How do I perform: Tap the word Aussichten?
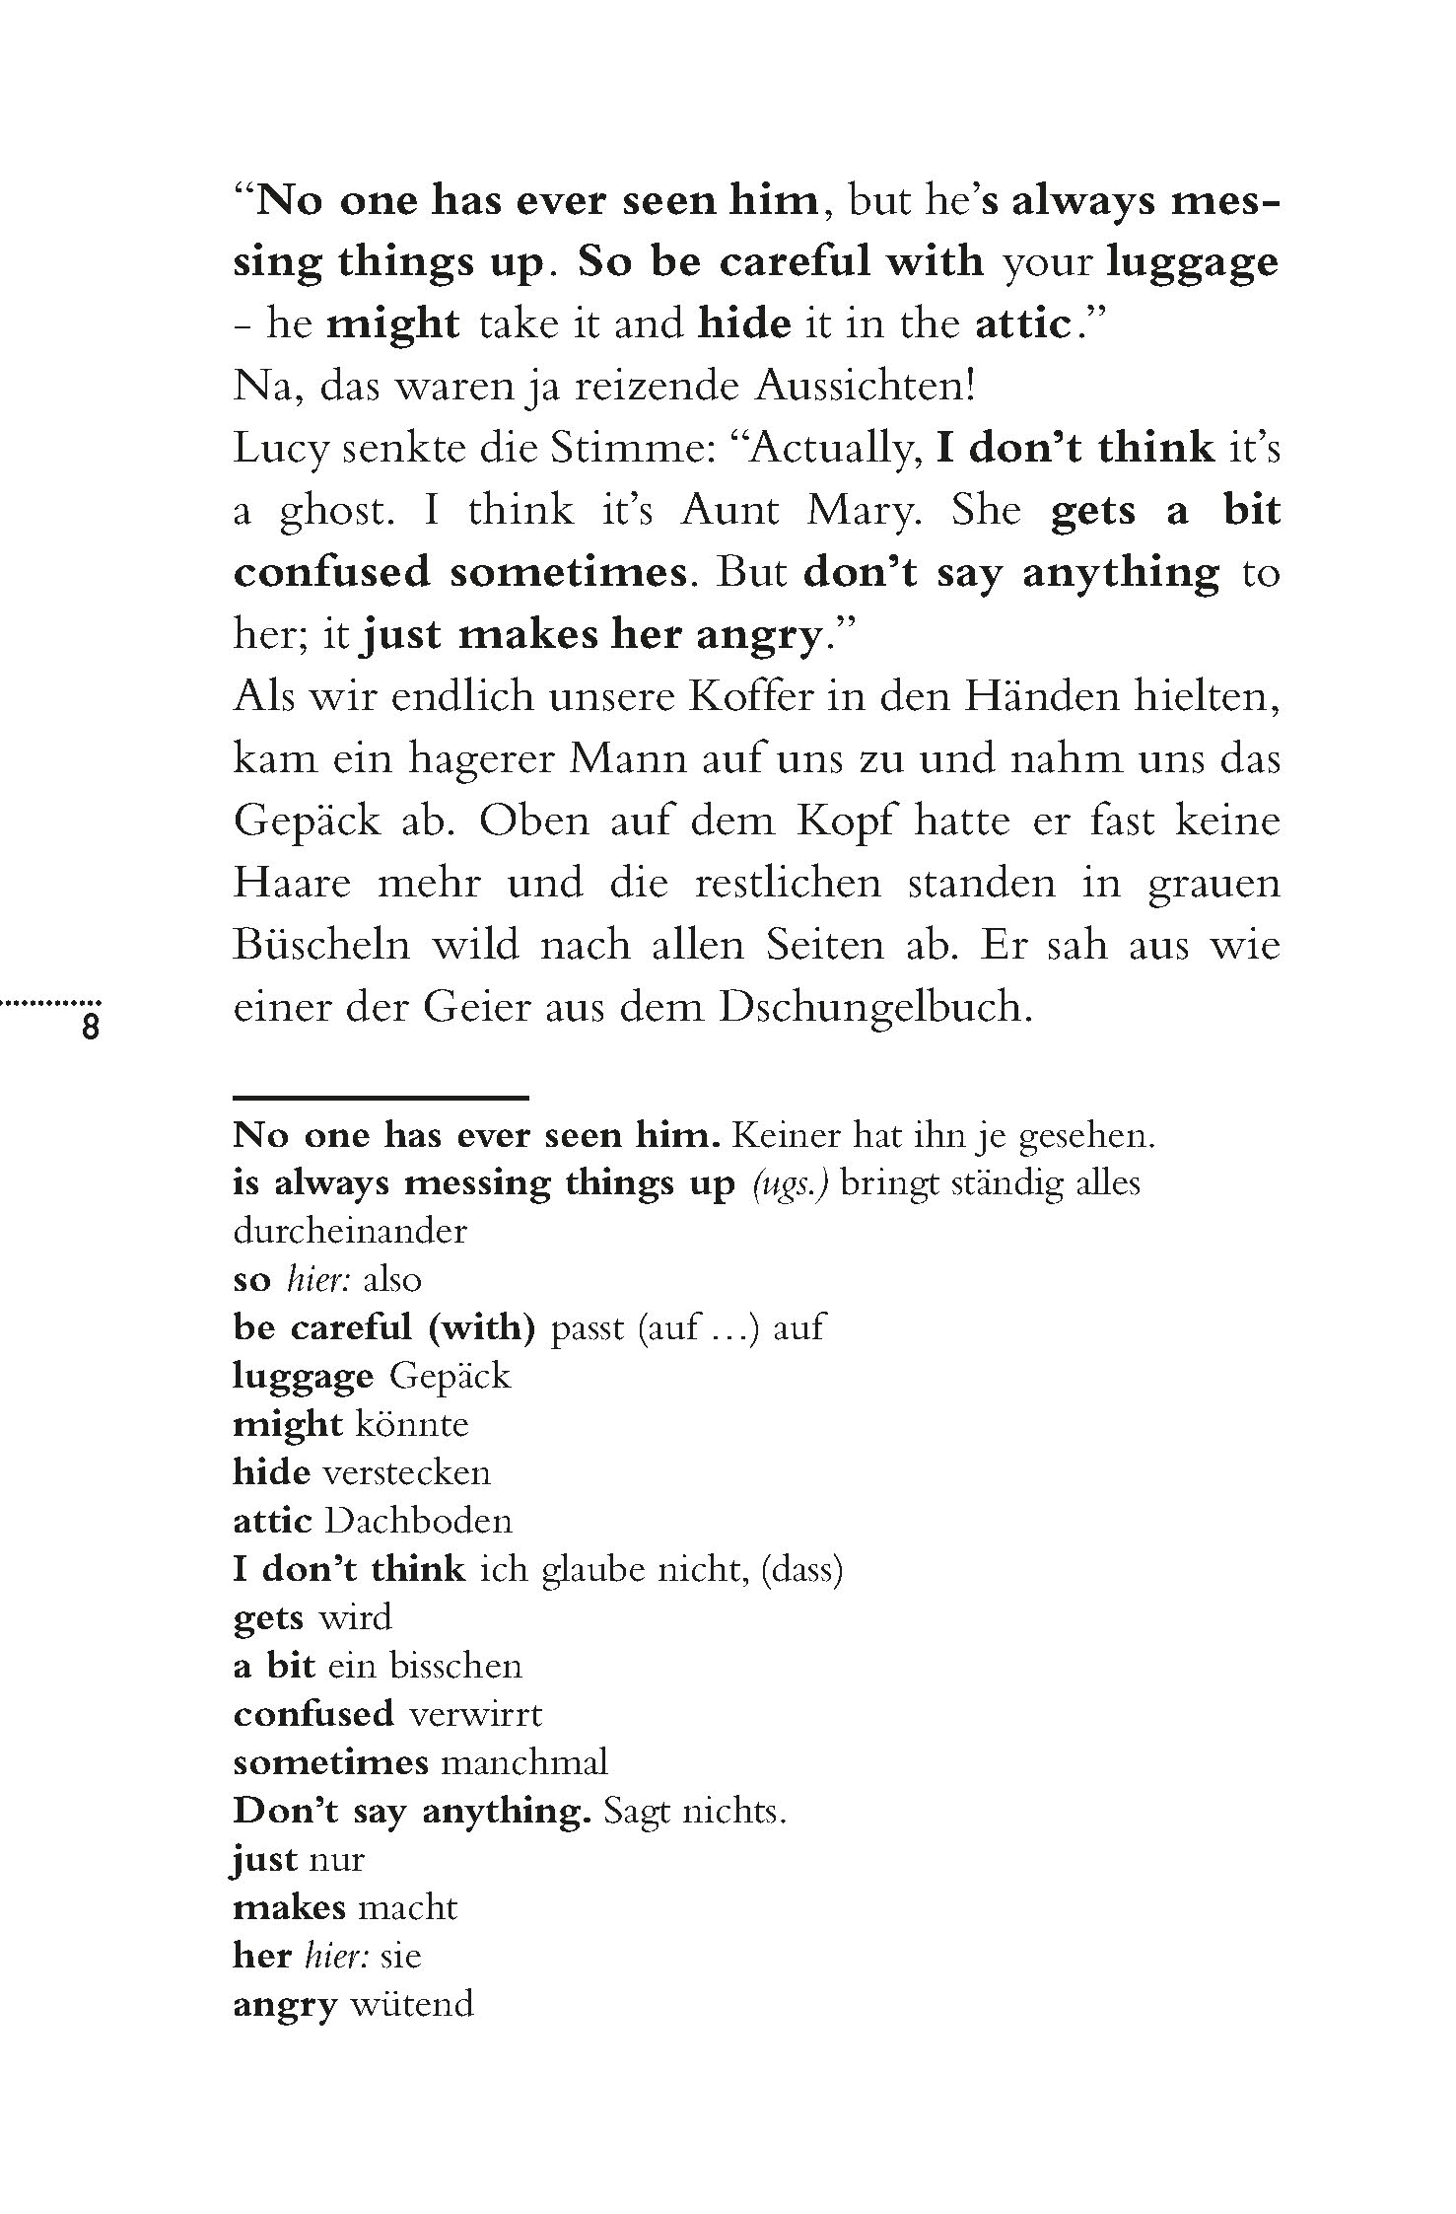coord(866,388)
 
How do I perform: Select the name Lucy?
coord(278,450)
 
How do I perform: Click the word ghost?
coord(329,512)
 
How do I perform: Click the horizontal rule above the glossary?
coord(381,1097)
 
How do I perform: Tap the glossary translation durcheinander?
coord(349,1231)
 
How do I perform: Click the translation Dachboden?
coord(418,1520)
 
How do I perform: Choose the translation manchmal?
coord(523,1761)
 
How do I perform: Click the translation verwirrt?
coord(475,1713)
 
